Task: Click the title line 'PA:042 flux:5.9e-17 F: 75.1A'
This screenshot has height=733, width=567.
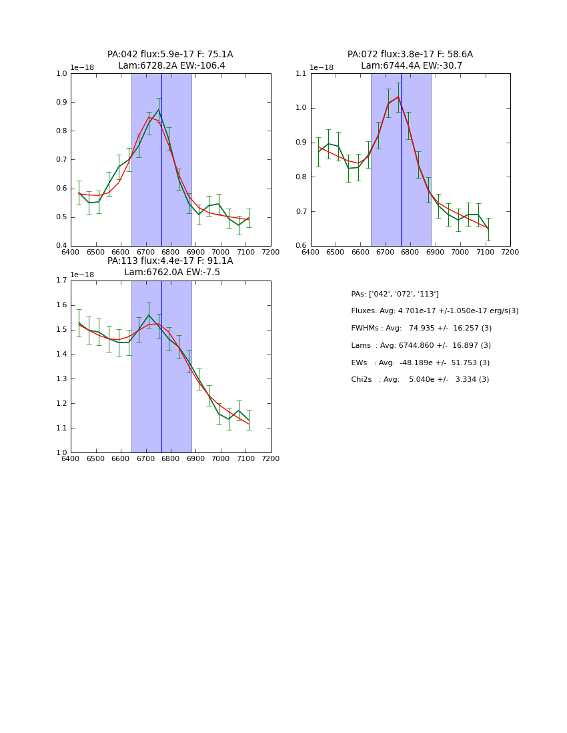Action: click(x=170, y=55)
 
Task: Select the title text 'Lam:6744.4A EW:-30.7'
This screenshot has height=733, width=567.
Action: click(x=411, y=66)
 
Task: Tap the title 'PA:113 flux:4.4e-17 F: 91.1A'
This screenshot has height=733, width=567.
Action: click(x=170, y=261)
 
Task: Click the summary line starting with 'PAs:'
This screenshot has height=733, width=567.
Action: click(x=395, y=294)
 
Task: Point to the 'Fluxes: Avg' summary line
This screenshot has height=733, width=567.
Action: click(x=434, y=311)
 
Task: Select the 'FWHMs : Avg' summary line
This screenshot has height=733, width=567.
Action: click(x=421, y=328)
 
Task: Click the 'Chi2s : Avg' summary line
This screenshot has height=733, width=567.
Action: click(x=420, y=380)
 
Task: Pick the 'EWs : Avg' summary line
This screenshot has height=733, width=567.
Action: click(x=420, y=363)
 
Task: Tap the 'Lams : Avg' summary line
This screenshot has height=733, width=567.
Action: click(x=421, y=345)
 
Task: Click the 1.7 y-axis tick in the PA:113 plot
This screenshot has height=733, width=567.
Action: click(x=61, y=281)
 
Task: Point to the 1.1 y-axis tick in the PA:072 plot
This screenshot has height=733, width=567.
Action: click(x=302, y=73)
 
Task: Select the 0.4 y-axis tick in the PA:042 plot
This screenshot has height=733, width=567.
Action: click(x=61, y=246)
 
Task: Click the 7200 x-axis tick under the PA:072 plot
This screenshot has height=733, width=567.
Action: click(x=510, y=253)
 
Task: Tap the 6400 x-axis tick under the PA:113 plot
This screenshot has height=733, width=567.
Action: click(x=71, y=459)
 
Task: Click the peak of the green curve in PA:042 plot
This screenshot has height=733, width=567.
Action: click(x=158, y=110)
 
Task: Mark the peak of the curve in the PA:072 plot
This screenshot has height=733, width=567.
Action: click(x=398, y=97)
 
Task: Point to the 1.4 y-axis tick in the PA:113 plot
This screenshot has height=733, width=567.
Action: click(x=61, y=355)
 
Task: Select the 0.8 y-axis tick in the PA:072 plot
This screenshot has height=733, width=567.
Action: click(x=302, y=177)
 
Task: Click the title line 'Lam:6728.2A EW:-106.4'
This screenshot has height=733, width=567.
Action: click(x=171, y=66)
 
